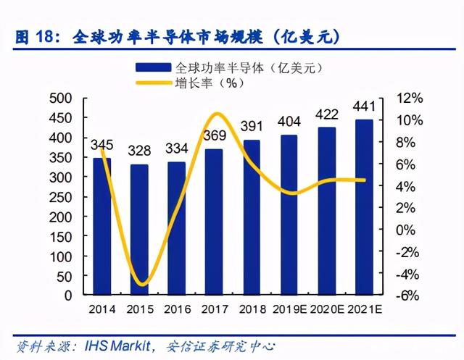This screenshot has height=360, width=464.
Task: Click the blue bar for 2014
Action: [102, 227]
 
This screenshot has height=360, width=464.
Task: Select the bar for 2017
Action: [214, 222]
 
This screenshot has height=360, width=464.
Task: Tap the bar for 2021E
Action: [364, 207]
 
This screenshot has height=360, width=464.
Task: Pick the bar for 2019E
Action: [289, 215]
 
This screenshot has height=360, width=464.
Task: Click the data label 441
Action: [364, 106]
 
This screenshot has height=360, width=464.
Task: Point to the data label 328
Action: [139, 151]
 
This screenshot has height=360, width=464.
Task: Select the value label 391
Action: [252, 126]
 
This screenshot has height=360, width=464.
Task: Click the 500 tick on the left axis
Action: [61, 98]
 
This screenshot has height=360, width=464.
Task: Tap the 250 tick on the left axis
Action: [61, 198]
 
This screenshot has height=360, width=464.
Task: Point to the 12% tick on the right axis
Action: [409, 98]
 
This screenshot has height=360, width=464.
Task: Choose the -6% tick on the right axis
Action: [407, 296]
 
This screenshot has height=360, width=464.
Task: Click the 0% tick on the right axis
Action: [405, 230]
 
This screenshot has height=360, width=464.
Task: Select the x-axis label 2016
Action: [177, 309]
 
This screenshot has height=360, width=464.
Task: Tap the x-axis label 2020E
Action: [327, 309]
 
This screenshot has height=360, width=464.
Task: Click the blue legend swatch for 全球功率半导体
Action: [153, 67]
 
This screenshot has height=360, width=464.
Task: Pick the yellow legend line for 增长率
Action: [153, 83]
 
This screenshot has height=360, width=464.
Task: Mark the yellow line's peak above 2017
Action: [217, 114]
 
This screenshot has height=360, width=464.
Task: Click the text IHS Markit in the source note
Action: [117, 346]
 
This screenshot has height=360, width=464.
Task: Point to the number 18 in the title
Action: [45, 37]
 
